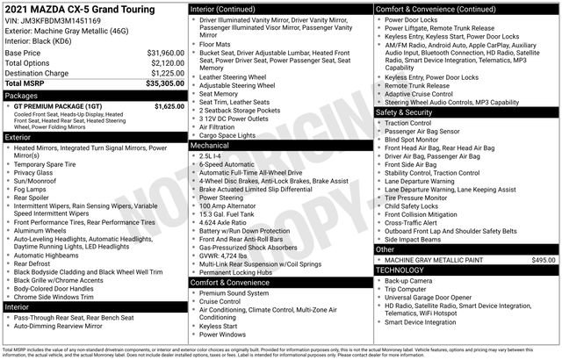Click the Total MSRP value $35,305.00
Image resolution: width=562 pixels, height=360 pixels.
[160, 84]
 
